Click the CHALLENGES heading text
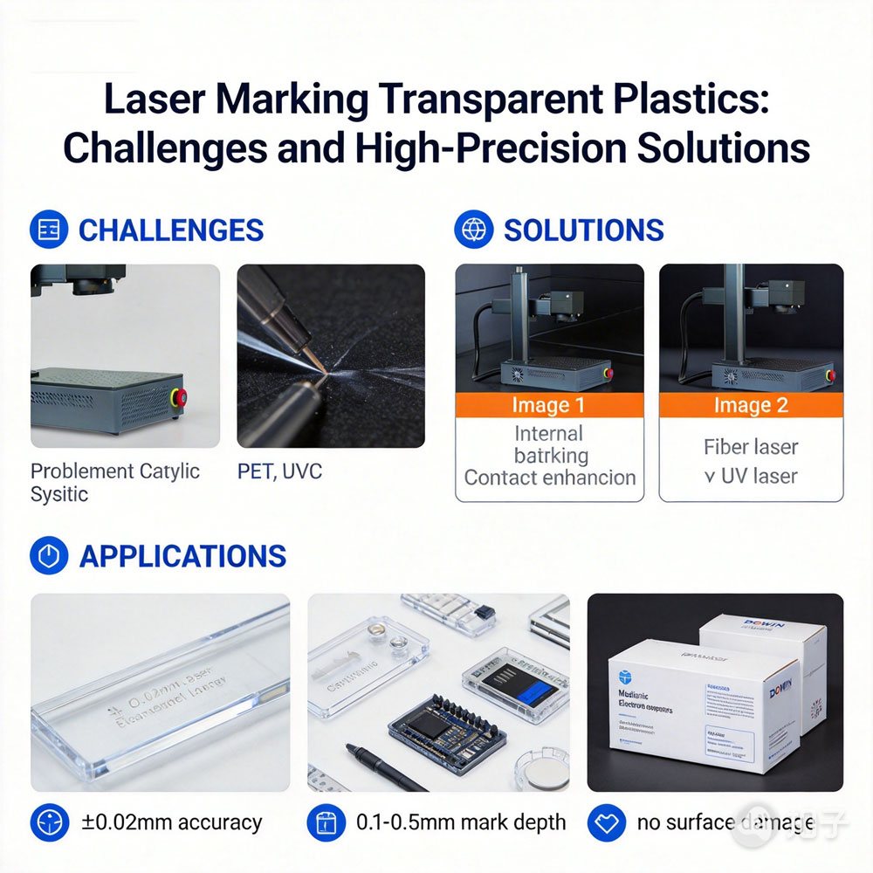click(x=170, y=230)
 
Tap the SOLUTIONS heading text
click(x=583, y=230)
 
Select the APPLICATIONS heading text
click(x=182, y=556)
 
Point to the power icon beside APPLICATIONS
click(x=49, y=556)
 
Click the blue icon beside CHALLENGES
click(x=49, y=230)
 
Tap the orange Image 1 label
click(x=549, y=405)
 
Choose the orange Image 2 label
click(x=751, y=405)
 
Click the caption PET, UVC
click(x=279, y=471)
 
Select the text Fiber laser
click(x=751, y=447)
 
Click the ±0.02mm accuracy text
click(x=171, y=822)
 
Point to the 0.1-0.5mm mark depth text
click(x=461, y=822)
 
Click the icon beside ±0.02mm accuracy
click(x=49, y=822)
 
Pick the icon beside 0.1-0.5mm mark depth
click(x=327, y=822)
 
